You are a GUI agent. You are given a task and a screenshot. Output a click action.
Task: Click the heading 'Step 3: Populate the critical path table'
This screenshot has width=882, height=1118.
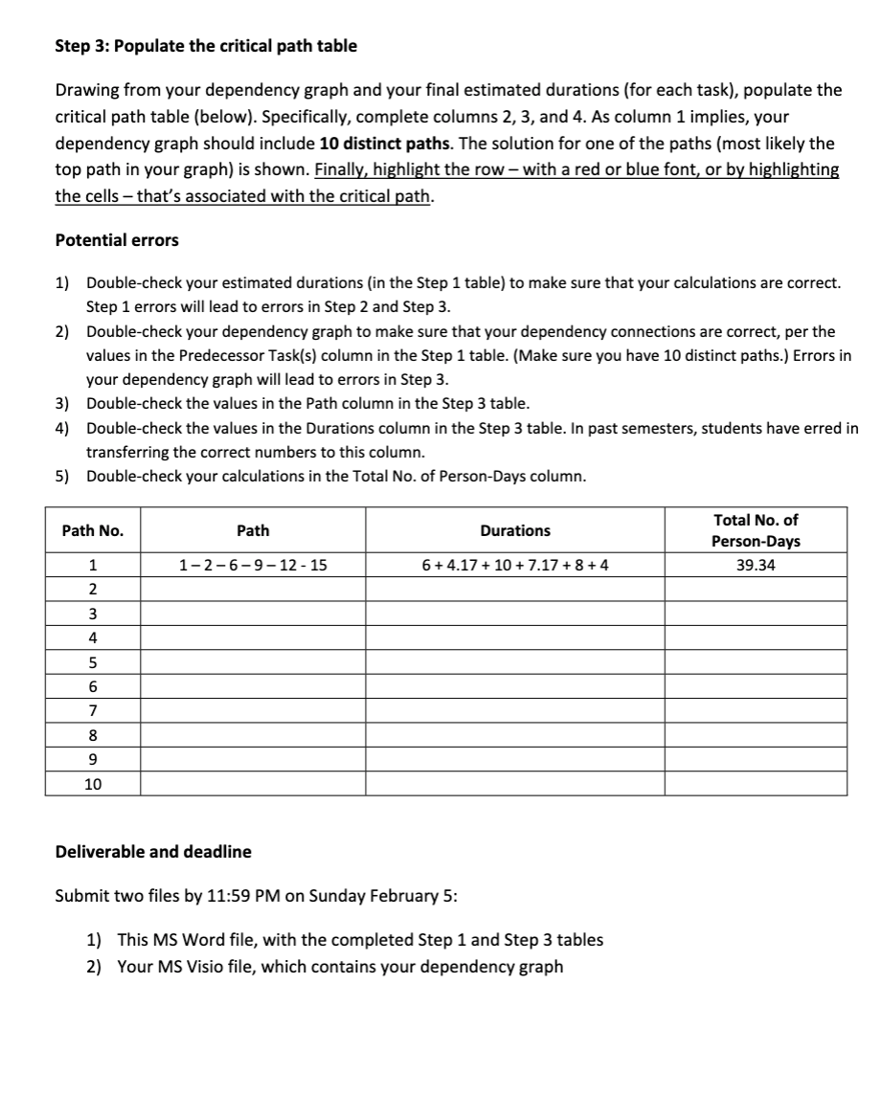pos(206,46)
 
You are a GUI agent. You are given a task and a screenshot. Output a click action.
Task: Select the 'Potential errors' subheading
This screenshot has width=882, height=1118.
pos(117,240)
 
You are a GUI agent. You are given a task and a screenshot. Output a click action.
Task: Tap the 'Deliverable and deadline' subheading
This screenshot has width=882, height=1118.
pos(153,851)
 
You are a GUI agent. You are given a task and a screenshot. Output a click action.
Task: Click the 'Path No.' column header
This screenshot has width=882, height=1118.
pos(92,530)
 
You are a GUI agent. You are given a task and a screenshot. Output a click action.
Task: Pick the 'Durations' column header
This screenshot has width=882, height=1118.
pos(514,530)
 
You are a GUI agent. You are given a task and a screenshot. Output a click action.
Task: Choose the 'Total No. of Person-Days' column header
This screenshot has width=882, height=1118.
pos(756,530)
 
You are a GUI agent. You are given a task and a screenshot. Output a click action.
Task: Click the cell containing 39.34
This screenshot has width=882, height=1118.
pos(756,565)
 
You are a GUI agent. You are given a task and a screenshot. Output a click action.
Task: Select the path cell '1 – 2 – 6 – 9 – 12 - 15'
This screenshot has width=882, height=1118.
pos(253,565)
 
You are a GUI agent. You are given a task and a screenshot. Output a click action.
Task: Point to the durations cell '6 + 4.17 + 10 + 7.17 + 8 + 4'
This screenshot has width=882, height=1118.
pos(514,565)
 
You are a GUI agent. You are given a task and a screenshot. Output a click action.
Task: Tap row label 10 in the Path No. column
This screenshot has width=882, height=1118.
pos(92,784)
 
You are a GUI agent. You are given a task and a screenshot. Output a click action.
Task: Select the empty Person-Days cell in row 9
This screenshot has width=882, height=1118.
pos(756,760)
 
